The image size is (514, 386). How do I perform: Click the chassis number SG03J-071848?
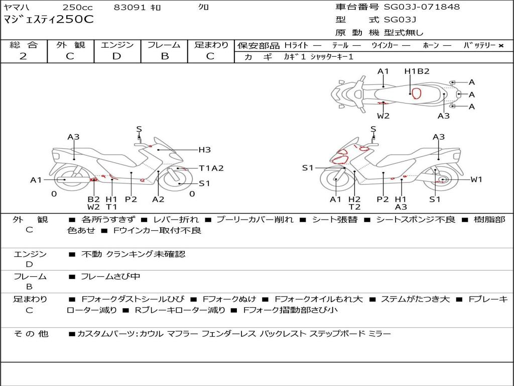[422, 7]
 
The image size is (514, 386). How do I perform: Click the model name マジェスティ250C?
[48, 20]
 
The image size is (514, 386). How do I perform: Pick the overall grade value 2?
[23, 56]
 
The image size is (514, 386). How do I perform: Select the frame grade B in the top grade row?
[164, 56]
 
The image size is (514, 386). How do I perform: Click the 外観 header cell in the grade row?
[70, 45]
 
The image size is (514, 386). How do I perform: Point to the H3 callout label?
[204, 149]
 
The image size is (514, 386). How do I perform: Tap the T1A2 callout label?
[211, 168]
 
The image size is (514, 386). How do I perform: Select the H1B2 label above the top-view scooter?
[417, 71]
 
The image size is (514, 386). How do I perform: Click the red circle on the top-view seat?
[416, 93]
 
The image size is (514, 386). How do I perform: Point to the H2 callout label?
[354, 199]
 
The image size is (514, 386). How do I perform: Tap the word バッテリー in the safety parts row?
[479, 45]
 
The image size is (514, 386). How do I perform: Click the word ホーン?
[431, 45]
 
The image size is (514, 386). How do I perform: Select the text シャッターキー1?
[332, 57]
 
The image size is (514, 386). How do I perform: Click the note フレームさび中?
[110, 276]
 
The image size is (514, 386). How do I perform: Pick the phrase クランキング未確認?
[146, 254]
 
